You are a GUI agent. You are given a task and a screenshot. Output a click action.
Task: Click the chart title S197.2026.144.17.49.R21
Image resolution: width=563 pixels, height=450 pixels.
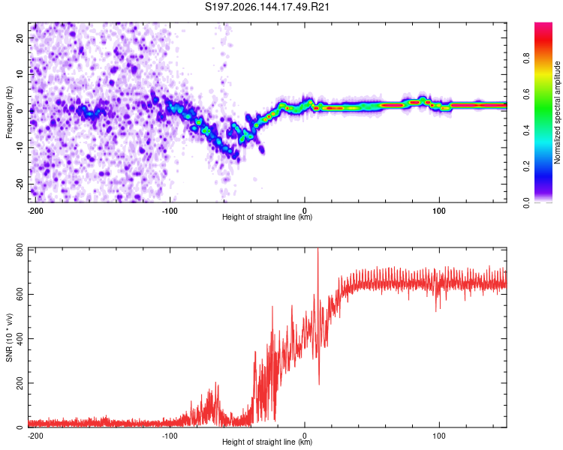(x=267, y=7)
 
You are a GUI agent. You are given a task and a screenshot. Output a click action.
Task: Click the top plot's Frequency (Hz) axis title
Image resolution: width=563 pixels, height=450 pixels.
(x=9, y=112)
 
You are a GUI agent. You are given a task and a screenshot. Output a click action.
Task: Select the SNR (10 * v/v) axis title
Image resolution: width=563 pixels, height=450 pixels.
(x=9, y=337)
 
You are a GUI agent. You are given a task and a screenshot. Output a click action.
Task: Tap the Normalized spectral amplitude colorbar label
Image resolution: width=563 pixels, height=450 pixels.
(x=557, y=112)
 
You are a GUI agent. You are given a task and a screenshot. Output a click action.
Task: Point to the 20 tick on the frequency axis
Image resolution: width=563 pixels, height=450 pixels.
(x=20, y=37)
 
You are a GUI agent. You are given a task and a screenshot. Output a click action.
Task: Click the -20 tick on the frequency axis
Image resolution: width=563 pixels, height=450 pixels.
(x=20, y=184)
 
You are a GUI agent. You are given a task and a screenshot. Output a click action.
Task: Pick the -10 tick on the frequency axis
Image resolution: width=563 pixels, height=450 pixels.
(x=20, y=148)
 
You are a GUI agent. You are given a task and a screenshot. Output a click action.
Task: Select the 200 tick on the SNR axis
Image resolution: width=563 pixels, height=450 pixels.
(x=20, y=383)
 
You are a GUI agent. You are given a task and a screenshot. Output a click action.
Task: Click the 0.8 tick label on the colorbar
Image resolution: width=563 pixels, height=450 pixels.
(x=526, y=58)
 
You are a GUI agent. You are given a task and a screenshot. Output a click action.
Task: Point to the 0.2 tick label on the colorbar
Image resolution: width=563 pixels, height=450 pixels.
(x=526, y=166)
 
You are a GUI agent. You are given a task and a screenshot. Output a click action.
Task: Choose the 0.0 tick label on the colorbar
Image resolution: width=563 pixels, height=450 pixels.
(x=526, y=202)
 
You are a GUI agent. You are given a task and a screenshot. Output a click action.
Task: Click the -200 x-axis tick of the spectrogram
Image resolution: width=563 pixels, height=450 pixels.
(x=35, y=211)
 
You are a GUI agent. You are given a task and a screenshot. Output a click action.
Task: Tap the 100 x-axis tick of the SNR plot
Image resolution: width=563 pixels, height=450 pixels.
(x=439, y=436)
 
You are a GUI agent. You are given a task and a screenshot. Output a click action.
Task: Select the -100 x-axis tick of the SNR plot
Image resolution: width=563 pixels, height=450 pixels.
(x=170, y=436)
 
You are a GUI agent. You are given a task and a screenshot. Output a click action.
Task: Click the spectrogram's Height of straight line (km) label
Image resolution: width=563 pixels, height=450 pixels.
(x=267, y=217)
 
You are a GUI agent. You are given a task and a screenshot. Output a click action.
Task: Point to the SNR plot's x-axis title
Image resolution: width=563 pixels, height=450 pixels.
(x=267, y=442)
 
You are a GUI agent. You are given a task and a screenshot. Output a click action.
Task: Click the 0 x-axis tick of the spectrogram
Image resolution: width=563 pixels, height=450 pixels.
(x=305, y=211)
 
